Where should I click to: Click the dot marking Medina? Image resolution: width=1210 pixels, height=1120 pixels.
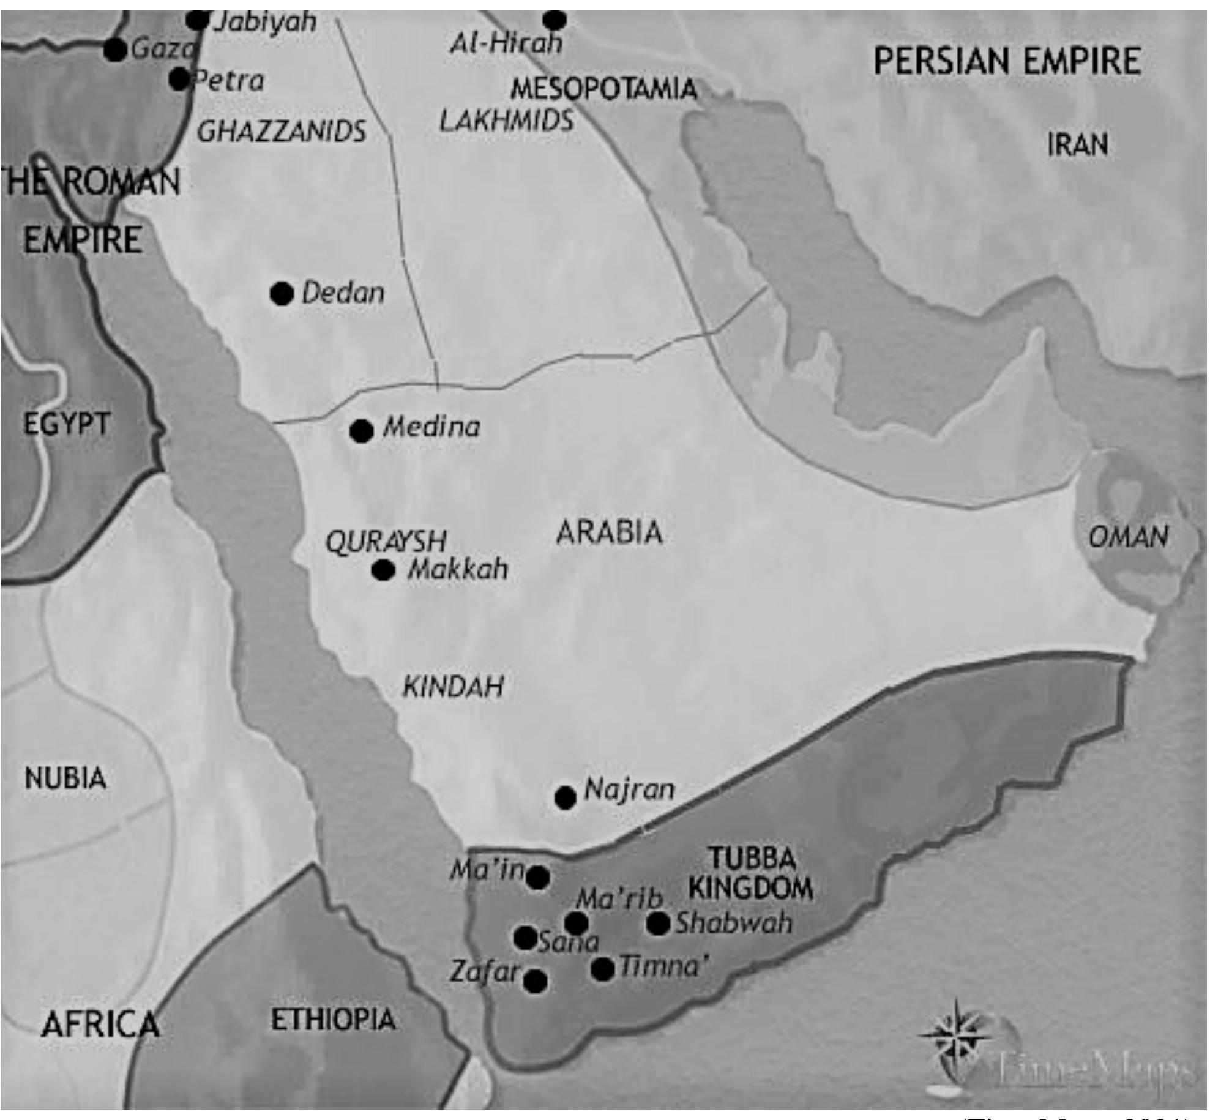[x=361, y=431]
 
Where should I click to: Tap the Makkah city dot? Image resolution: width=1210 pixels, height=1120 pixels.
[x=384, y=570]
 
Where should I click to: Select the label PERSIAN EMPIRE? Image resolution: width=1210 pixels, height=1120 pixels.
[x=1007, y=61]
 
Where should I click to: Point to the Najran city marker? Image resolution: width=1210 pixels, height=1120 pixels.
[x=565, y=797]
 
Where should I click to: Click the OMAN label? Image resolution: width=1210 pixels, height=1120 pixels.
[x=1127, y=537]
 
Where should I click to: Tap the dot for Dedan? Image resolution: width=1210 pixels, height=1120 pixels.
[x=282, y=294]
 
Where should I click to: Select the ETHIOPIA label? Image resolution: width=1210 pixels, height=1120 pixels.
[x=333, y=1020]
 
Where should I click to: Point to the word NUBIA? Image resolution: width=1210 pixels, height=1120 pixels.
[x=65, y=778]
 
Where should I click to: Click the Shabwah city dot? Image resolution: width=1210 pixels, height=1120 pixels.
[x=658, y=924]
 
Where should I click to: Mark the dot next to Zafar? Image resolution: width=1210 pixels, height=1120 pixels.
[x=536, y=982]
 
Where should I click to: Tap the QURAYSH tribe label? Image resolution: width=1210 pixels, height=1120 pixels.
[x=386, y=542]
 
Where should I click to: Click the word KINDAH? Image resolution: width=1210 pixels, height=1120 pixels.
[x=453, y=687]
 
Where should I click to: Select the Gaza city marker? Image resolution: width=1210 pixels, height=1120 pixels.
[x=114, y=50]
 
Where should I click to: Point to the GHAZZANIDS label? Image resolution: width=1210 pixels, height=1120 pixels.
[x=282, y=131]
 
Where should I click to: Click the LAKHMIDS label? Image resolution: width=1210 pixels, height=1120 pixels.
[x=507, y=121]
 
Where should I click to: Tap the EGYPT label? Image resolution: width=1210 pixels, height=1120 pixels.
[x=66, y=424]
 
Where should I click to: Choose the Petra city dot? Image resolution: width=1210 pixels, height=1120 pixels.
[x=179, y=79]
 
